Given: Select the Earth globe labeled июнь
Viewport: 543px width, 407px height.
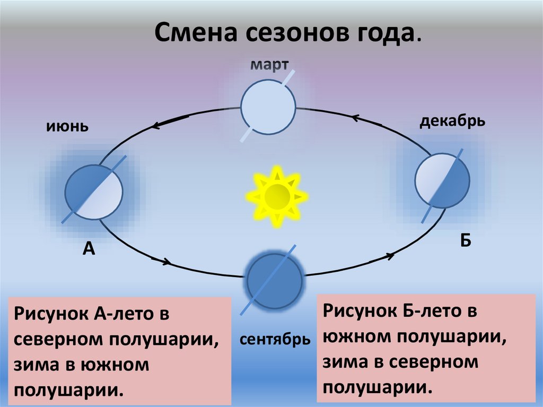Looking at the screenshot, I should coord(94,189).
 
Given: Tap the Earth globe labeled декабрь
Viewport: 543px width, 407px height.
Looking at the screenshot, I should coord(442,180).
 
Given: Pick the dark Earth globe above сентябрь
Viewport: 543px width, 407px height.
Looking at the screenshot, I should coord(274,279).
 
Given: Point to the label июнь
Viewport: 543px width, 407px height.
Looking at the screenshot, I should coord(66,127).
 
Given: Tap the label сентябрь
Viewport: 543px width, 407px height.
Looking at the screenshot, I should coord(275,339).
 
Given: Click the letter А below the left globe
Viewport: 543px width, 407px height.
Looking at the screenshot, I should coord(89,248).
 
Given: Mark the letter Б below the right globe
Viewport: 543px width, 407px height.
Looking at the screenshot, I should coord(466,241).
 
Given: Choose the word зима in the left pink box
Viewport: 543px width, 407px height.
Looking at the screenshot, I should coord(35,365).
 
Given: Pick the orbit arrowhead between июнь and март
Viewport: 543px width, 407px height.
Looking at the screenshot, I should coord(156,126).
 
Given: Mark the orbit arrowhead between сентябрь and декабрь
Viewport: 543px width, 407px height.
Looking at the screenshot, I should coord(390,255).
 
